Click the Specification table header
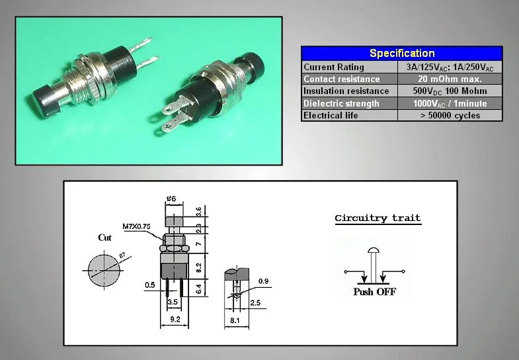coord(402,54)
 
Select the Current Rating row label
coord(334,67)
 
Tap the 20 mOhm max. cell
coord(450,79)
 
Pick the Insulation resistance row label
coord(346,91)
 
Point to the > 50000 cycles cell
coord(450,115)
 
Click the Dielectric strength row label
coord(341,103)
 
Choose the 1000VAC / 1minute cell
coord(450,104)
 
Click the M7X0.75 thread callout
coord(136,226)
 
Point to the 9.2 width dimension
coord(175,319)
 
